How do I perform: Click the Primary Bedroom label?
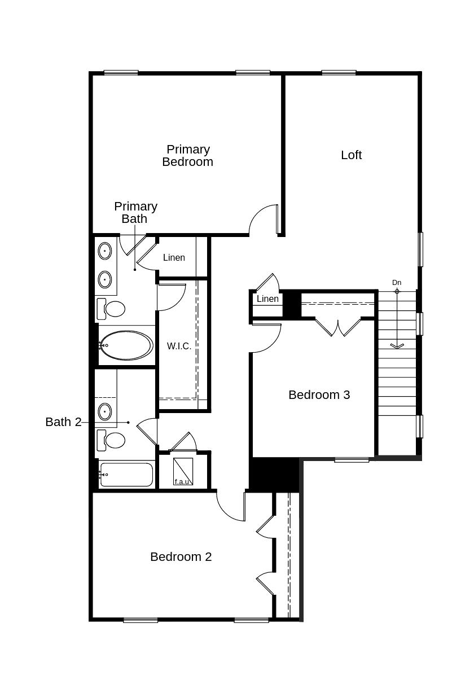[x=188, y=156]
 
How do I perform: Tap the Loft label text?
[x=351, y=155]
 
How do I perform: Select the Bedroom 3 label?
[x=319, y=395]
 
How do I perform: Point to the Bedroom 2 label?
[x=181, y=557]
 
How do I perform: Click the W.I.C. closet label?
[x=179, y=346]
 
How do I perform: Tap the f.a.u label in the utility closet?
[x=182, y=481]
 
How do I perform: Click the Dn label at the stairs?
[x=397, y=283]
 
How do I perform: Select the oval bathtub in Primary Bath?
[x=126, y=345]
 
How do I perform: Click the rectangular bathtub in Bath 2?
[x=126, y=475]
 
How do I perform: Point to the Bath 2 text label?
[x=63, y=422]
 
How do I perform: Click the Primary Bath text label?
[x=135, y=213]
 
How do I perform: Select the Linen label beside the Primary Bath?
[x=174, y=258]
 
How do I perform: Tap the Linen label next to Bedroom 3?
[x=267, y=299]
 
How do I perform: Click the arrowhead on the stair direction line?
[x=397, y=345]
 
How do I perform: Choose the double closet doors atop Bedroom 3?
[x=337, y=328]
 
